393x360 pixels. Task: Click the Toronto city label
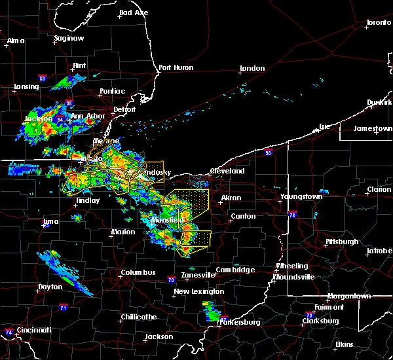[378, 22]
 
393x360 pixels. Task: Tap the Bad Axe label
[134, 12]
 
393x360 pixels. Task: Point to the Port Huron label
[174, 67]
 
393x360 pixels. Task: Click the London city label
[252, 68]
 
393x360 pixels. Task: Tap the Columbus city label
[138, 272]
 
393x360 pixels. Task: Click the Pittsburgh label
[342, 242]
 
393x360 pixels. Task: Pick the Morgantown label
[349, 296]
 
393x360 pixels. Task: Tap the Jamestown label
[373, 128]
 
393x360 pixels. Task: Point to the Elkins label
[344, 344]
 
